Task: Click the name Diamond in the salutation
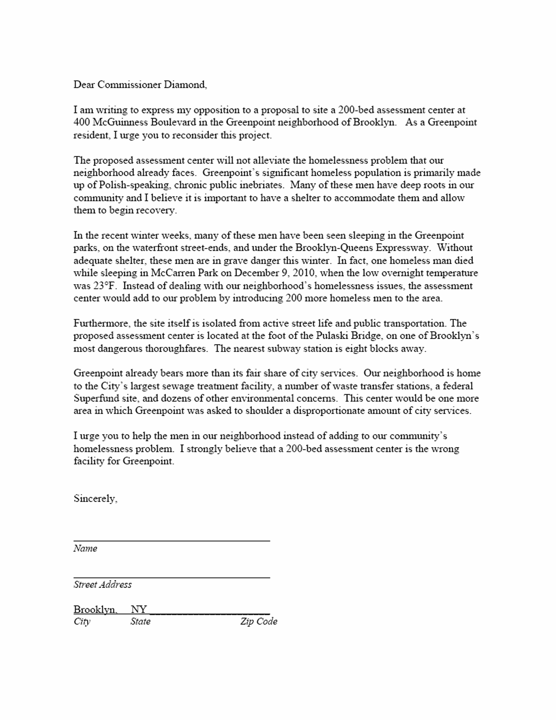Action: click(x=185, y=85)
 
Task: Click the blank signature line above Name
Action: click(x=171, y=540)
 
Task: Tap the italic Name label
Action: click(x=85, y=548)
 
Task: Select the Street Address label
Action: click(x=102, y=585)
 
